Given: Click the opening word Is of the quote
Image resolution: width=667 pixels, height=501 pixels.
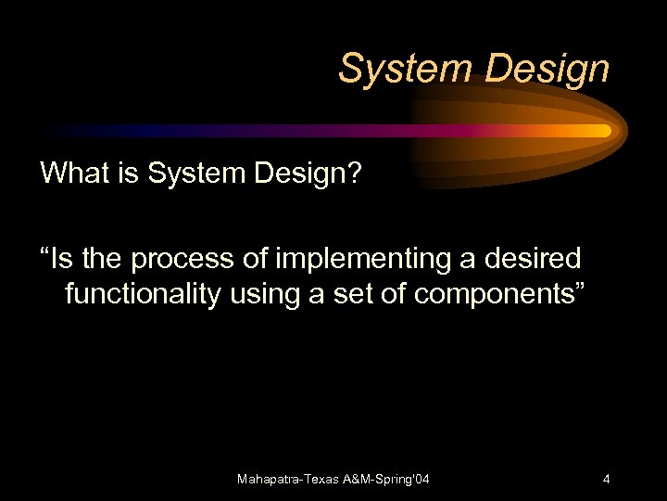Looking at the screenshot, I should (x=57, y=258).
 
